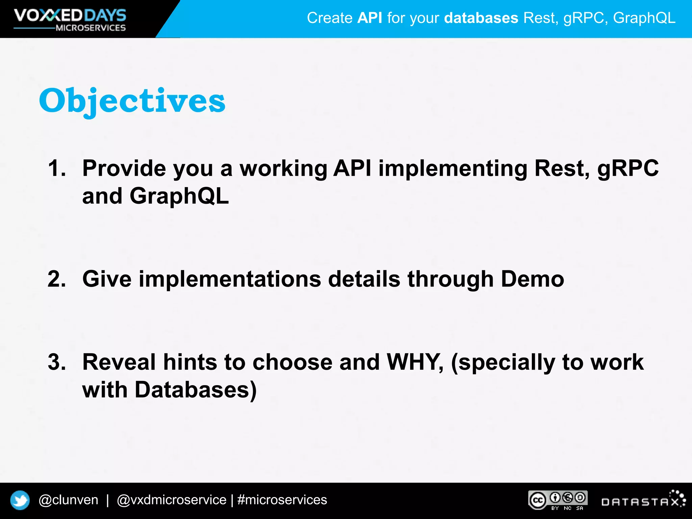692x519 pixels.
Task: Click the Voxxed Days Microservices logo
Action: (x=70, y=20)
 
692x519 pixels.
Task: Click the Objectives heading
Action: (x=132, y=101)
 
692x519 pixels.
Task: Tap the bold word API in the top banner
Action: (x=370, y=18)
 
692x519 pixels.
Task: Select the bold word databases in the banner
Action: (x=481, y=18)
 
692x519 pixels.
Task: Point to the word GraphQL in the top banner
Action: (x=644, y=18)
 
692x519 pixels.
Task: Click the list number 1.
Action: (x=56, y=168)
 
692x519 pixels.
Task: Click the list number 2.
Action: (x=56, y=279)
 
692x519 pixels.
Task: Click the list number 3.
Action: (x=56, y=362)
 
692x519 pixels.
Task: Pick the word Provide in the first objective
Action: (x=124, y=168)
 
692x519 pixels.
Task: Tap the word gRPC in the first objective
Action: (x=628, y=168)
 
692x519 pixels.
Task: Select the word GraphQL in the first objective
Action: (x=179, y=196)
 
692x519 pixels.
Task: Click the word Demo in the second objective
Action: (x=532, y=279)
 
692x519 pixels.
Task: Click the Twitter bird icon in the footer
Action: (x=20, y=500)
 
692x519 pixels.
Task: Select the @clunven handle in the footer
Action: (x=69, y=500)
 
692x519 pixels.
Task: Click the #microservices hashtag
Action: (x=282, y=500)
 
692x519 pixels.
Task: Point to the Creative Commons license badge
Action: (x=558, y=500)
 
